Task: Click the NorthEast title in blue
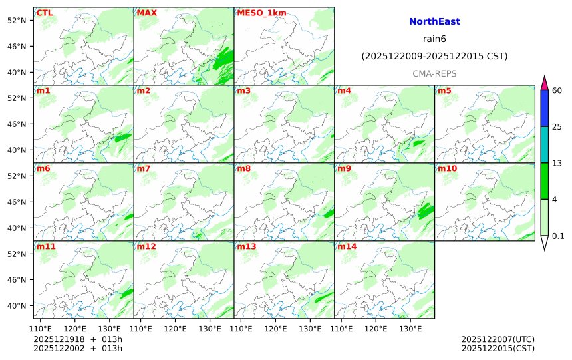[x=434, y=22]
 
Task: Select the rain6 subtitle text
[x=434, y=39]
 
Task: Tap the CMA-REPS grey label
[x=434, y=73]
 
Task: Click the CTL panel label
[x=45, y=13]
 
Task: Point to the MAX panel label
[x=146, y=13]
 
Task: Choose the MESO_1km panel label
[x=257, y=13]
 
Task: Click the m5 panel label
[x=444, y=90]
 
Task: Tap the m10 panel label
[x=447, y=168]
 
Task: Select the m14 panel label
[x=347, y=246]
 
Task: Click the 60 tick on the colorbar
[x=557, y=90]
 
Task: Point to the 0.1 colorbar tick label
[x=559, y=236]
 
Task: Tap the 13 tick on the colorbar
[x=557, y=163]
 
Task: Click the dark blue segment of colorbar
[x=544, y=108]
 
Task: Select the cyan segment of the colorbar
[x=544, y=145]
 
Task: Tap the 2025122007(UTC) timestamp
[x=498, y=339]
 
